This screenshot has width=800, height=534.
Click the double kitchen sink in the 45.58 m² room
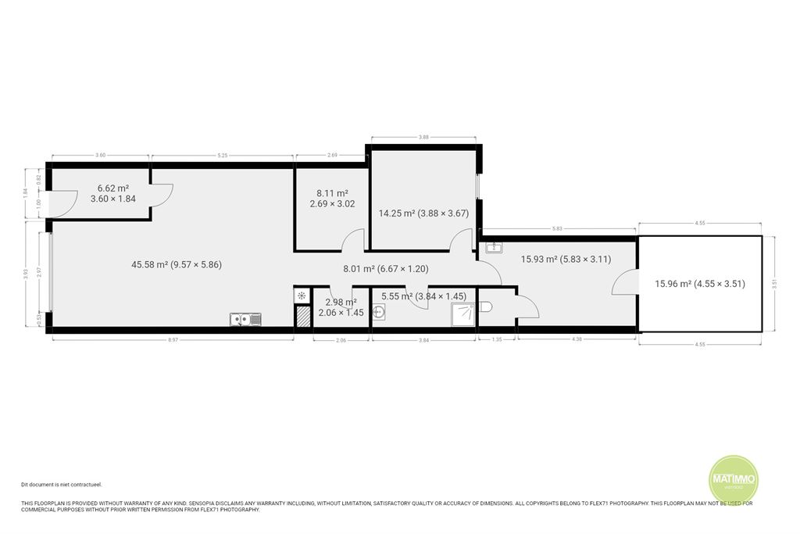(x=245, y=318)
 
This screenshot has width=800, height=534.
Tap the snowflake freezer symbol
(x=302, y=296)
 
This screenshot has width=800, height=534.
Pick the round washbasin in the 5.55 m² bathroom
(x=380, y=313)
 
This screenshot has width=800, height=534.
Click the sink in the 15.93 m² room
(x=494, y=248)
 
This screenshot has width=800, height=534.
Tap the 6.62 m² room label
(x=112, y=193)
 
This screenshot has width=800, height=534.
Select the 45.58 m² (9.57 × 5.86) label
(x=177, y=264)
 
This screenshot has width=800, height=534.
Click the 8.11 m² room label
(x=332, y=199)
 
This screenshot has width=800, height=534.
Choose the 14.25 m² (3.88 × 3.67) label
(x=423, y=213)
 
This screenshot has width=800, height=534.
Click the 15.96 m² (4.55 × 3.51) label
(x=700, y=284)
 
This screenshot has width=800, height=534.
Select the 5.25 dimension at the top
(x=222, y=156)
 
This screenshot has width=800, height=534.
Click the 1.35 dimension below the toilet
(x=496, y=340)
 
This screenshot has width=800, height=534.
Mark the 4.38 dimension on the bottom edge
(x=577, y=340)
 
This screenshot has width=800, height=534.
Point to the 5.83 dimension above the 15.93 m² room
(x=557, y=228)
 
